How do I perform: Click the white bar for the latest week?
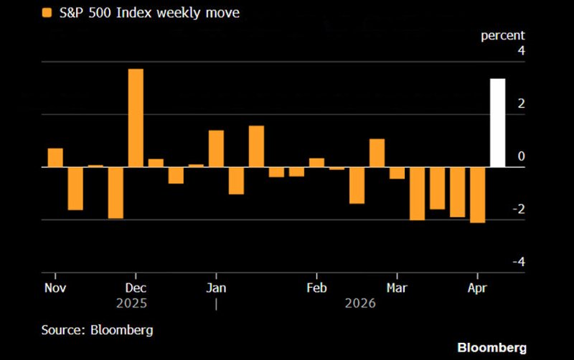click(497, 123)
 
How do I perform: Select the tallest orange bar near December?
click(136, 118)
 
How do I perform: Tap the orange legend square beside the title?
click(47, 12)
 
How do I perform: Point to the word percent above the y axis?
click(502, 34)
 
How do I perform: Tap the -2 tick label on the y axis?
click(519, 209)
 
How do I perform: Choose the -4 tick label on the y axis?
click(519, 262)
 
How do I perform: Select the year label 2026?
click(360, 303)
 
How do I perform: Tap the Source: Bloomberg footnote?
click(96, 330)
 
